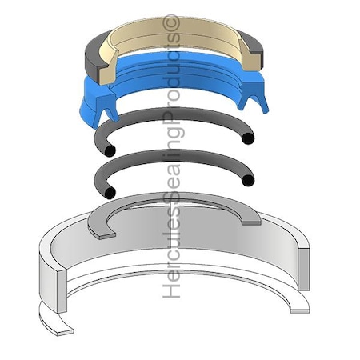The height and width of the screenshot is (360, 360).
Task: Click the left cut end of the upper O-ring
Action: coord(110,151)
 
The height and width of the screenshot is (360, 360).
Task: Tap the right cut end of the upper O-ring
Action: coord(248,138)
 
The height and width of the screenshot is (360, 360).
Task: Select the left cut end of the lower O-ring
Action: coord(110,193)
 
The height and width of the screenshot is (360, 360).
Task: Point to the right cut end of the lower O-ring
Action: coord(248,181)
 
